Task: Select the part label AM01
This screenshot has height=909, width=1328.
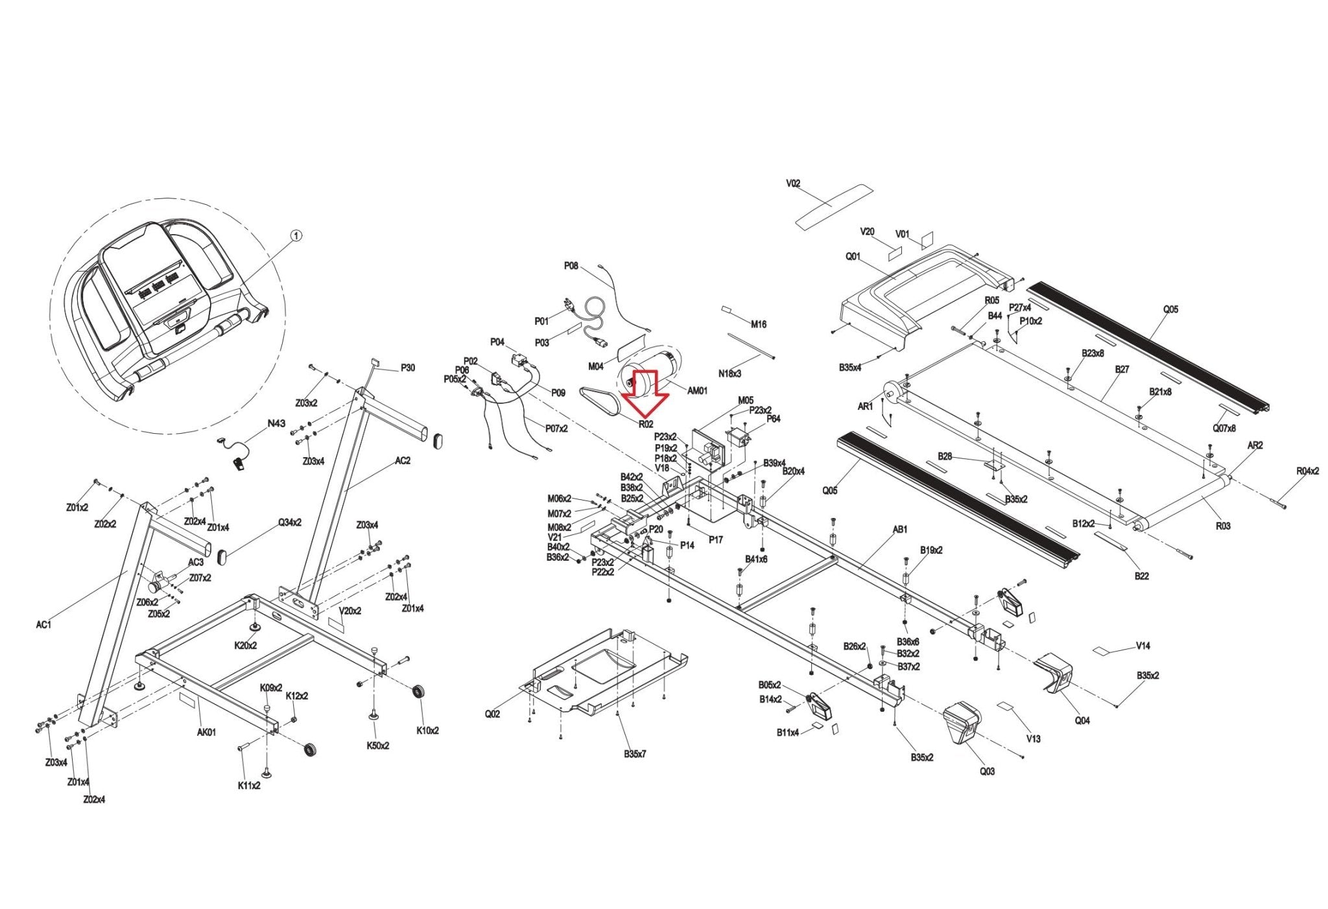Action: [697, 390]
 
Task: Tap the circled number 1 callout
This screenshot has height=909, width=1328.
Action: [296, 237]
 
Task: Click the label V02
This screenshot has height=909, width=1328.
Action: [793, 183]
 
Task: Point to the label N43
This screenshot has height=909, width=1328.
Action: [276, 423]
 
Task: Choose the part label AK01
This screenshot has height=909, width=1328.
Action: [207, 732]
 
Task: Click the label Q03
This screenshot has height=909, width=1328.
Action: [987, 771]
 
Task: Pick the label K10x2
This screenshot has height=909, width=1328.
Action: [427, 730]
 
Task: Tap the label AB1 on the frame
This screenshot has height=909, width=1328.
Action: [900, 529]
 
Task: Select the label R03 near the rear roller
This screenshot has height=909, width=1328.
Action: [1222, 526]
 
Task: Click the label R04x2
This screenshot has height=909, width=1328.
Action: [1307, 471]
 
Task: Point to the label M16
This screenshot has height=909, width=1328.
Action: [758, 324]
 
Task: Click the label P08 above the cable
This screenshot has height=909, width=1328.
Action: [571, 266]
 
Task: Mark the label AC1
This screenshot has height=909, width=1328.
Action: [43, 624]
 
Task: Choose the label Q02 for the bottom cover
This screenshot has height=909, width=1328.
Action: [492, 714]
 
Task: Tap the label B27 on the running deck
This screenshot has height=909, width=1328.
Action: [1122, 370]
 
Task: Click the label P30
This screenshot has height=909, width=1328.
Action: [407, 368]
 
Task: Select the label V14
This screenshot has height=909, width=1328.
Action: [1143, 646]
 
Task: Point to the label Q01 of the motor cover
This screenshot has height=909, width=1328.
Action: [853, 257]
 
